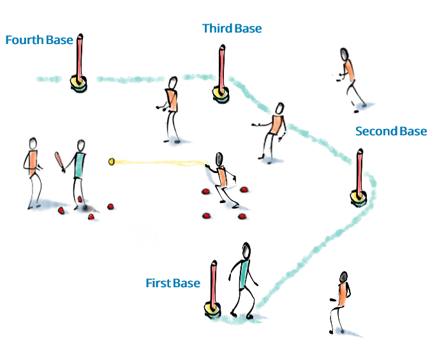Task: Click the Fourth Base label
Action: (39, 40)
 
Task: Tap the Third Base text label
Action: (232, 29)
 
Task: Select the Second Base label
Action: (390, 131)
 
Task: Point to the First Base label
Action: (173, 283)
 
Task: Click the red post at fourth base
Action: (79, 57)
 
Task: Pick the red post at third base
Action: (221, 68)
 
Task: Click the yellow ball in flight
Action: (112, 162)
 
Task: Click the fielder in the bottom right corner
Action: (340, 301)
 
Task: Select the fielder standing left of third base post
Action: (171, 109)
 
